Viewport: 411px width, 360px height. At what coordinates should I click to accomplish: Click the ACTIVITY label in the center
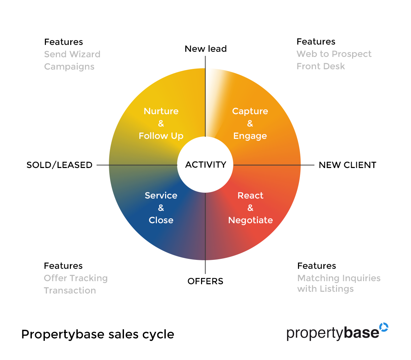(x=206, y=165)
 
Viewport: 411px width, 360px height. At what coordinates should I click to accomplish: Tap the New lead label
(x=206, y=49)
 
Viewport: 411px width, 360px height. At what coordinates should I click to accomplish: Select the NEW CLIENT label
(x=347, y=165)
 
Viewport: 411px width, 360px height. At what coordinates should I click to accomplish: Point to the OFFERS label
(x=205, y=281)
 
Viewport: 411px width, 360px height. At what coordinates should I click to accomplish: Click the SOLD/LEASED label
(x=60, y=165)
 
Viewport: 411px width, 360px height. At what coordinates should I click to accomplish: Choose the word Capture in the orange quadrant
(x=250, y=111)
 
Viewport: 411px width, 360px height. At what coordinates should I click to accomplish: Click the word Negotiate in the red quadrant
(x=250, y=220)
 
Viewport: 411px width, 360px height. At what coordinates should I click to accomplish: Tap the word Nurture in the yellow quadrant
(x=161, y=111)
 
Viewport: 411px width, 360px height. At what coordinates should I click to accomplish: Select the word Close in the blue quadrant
(x=161, y=220)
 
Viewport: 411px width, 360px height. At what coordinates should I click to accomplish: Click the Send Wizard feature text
(x=72, y=54)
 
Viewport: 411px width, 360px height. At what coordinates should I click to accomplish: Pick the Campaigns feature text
(x=69, y=67)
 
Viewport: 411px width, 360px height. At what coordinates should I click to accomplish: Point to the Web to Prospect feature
(x=334, y=54)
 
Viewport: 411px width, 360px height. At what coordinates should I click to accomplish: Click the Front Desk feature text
(x=321, y=66)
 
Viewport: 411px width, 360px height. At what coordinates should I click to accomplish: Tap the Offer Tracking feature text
(x=76, y=278)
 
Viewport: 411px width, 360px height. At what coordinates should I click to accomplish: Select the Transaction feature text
(x=70, y=290)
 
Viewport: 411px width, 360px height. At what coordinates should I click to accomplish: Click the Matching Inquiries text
(x=339, y=278)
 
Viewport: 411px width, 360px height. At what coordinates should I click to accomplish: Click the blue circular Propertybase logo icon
(x=384, y=327)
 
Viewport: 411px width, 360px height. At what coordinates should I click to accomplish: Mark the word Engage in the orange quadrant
(x=250, y=136)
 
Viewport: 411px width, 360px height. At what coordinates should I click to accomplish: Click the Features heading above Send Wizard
(x=63, y=42)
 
